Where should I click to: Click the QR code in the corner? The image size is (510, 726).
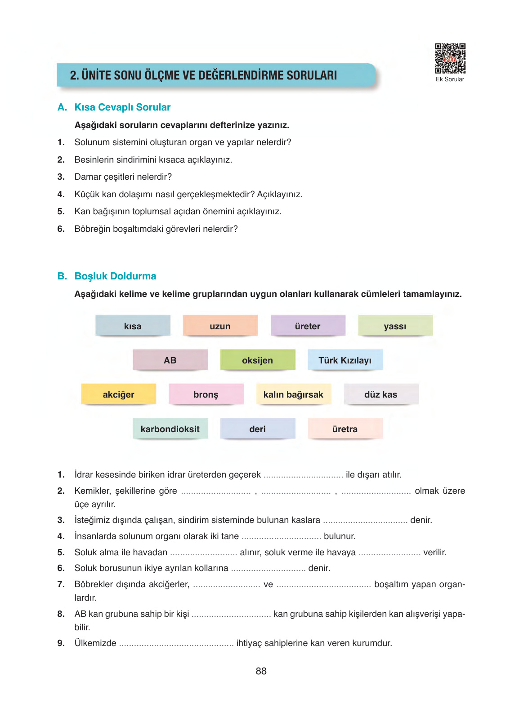point(450,58)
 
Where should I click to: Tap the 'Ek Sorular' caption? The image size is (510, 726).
point(450,80)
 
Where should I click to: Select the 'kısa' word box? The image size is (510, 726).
point(133,326)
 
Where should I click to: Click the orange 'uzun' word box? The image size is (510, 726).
point(220,326)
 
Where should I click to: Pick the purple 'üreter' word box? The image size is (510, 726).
point(308,326)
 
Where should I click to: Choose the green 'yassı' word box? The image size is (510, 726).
point(395,326)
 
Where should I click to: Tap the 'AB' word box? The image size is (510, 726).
point(170,360)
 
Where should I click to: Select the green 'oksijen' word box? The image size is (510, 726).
point(257,360)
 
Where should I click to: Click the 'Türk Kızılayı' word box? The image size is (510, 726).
point(345,360)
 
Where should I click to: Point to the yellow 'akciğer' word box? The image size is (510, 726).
point(118,394)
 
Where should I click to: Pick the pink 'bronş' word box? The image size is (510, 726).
point(206,394)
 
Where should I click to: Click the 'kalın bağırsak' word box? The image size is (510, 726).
point(293,394)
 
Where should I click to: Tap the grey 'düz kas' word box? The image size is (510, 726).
point(380,394)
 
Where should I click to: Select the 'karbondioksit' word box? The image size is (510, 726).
point(170,429)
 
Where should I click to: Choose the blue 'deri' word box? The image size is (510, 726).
point(257,429)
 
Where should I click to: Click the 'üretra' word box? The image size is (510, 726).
point(345,429)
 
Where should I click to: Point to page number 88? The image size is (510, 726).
point(261,671)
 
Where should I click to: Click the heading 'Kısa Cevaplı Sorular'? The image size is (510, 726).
point(122,107)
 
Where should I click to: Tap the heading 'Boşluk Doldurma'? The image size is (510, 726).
point(115,276)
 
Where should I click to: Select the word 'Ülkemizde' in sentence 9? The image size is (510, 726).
point(95,643)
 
